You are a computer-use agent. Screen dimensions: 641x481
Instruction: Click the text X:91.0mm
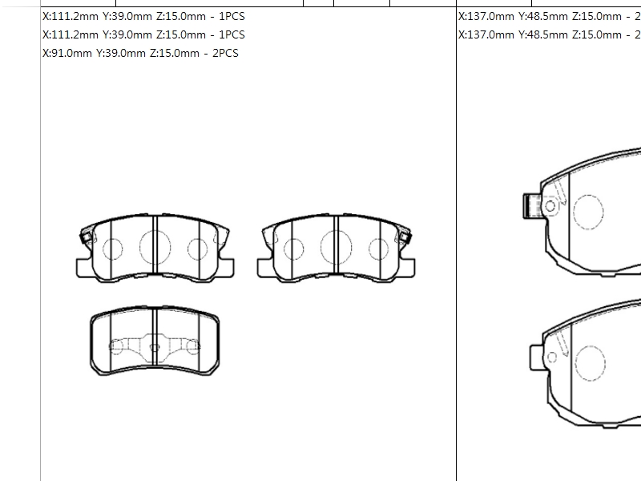(67, 53)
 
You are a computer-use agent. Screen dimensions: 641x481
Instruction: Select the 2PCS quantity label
(225, 53)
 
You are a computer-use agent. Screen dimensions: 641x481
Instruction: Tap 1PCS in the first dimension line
(232, 16)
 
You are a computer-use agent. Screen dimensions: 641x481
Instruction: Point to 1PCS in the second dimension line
(232, 34)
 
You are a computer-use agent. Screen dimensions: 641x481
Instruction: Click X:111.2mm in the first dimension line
(71, 16)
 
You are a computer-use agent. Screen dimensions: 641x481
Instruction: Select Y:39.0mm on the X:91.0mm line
(121, 53)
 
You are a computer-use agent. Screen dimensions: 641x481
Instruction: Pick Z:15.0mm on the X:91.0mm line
(175, 53)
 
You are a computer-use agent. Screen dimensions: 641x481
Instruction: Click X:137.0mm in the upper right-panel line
(486, 16)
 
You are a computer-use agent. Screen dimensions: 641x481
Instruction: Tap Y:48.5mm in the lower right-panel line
(543, 34)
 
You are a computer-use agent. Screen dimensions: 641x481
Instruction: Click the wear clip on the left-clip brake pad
(87, 237)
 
